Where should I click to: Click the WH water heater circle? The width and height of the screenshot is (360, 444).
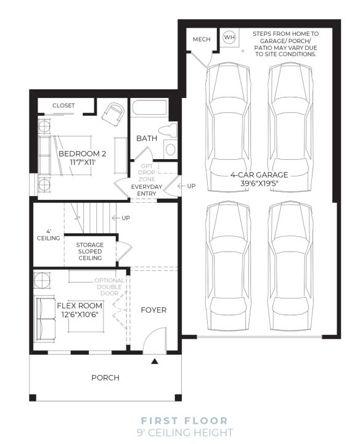tap(229, 37)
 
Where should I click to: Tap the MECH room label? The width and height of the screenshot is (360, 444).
tap(202, 39)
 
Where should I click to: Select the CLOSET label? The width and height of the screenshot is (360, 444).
tap(63, 105)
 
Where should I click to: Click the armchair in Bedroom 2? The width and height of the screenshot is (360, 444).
tap(113, 114)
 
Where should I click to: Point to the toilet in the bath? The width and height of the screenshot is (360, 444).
tap(168, 131)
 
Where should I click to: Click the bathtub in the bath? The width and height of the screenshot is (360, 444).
tap(149, 107)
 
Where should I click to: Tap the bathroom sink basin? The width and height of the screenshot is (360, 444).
tap(170, 149)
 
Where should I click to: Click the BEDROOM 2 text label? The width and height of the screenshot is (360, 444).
tap(83, 154)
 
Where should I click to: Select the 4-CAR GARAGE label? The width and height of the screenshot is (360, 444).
tap(260, 175)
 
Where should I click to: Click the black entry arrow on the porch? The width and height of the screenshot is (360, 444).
tap(155, 361)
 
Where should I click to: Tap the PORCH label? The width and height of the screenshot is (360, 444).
tap(105, 377)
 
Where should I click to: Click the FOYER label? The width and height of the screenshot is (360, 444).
tap(153, 310)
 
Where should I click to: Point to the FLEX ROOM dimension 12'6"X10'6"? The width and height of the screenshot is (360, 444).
tap(80, 314)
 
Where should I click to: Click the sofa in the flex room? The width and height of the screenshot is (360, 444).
tap(45, 319)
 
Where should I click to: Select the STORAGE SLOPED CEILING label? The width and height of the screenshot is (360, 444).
tap(90, 251)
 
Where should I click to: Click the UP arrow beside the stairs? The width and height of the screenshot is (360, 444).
tap(116, 218)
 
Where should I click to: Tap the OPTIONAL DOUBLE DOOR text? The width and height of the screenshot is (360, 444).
tap(109, 287)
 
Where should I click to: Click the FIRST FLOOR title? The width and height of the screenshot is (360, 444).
tap(184, 421)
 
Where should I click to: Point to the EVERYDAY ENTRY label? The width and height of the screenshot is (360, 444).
tap(147, 190)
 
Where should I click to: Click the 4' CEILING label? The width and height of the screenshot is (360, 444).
tap(49, 235)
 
